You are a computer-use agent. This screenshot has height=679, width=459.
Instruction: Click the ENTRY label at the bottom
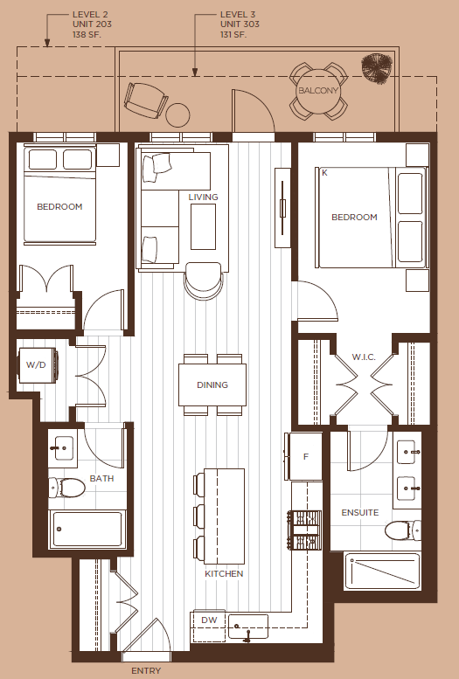point(146,671)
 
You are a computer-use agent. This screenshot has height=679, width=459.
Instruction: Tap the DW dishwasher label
point(209,620)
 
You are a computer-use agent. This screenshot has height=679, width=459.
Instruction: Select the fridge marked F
point(306,456)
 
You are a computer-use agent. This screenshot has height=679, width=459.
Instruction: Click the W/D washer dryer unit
point(38,365)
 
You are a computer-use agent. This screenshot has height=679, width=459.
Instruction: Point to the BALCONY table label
point(318,91)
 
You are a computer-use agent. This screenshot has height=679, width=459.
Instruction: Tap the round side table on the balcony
point(177,114)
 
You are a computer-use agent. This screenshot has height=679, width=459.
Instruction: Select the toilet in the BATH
point(66,488)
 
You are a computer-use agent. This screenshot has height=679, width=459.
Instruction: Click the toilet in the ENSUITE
point(403,530)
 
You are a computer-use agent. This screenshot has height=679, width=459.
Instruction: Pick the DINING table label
point(212,385)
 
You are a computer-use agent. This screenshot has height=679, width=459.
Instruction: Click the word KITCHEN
point(224,574)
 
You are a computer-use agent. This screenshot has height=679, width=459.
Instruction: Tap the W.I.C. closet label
point(364,357)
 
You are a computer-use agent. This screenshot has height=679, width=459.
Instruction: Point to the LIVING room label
point(204,197)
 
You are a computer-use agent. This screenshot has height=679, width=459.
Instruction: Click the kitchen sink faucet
point(247,634)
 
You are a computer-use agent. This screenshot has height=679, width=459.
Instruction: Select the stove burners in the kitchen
point(304,530)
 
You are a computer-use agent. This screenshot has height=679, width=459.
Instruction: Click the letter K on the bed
point(324,173)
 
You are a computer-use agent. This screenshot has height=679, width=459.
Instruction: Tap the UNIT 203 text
point(93,24)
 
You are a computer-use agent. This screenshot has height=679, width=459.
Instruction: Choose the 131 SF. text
point(233,34)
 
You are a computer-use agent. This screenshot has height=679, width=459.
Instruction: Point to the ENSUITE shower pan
point(383,572)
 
